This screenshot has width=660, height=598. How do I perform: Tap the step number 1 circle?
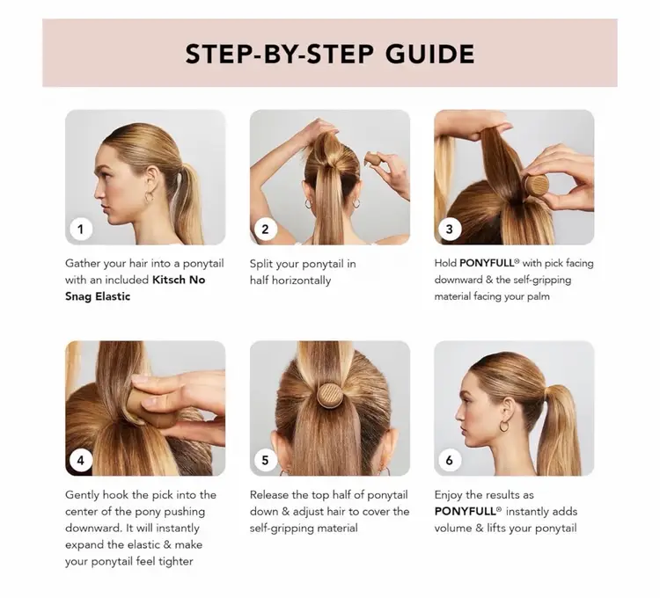(80, 230)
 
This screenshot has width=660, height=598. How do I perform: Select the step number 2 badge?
(265, 230)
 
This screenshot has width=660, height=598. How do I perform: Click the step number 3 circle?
(449, 230)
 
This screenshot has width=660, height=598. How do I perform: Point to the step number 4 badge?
(80, 461)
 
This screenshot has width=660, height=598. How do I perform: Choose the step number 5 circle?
(265, 461)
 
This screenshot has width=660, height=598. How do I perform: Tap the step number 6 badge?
(449, 461)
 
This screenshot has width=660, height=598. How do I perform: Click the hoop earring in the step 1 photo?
(150, 197)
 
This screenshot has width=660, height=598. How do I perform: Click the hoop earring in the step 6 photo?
(504, 426)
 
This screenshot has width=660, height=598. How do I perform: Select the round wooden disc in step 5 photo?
(330, 395)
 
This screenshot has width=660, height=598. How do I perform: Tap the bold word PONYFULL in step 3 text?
(487, 263)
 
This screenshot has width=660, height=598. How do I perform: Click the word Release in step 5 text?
(267, 495)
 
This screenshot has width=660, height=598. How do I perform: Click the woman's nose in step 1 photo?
(99, 193)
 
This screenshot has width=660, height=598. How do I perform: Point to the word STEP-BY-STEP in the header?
(280, 54)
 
